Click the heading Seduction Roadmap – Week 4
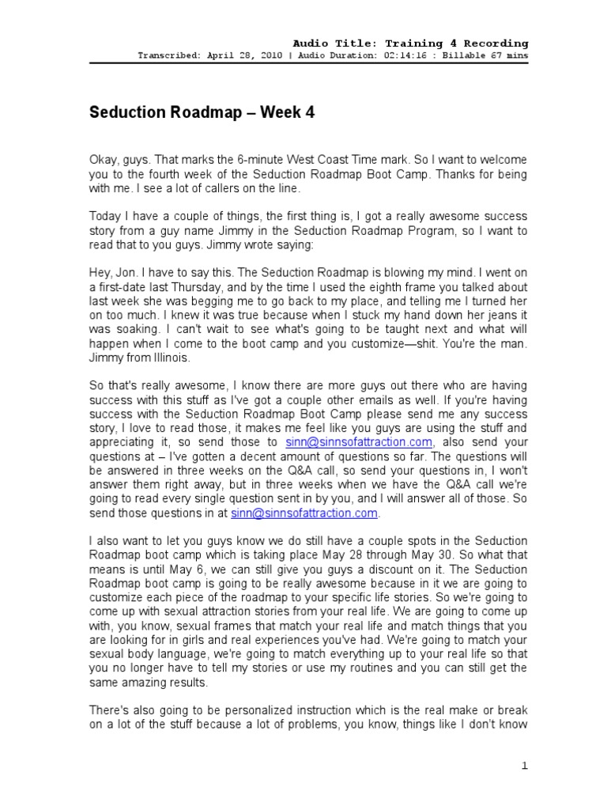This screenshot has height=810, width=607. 202,113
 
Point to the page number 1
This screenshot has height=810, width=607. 524,766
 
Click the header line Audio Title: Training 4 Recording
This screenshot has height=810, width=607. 410,43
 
